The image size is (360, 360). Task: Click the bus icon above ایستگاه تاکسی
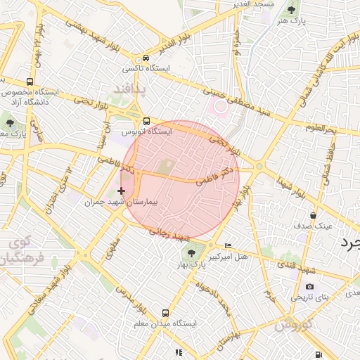click(146, 58)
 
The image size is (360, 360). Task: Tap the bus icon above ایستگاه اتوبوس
click(146, 120)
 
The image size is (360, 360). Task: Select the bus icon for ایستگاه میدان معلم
click(165, 313)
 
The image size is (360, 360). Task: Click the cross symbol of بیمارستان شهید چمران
click(122, 191)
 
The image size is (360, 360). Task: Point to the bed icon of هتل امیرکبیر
click(227, 245)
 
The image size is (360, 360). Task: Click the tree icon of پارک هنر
click(292, 10)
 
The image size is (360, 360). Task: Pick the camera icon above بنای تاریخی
click(310, 286)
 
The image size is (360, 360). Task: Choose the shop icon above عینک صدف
click(313, 215)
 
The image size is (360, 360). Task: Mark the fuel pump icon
click(320, 354)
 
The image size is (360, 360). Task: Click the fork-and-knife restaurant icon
click(179, 352)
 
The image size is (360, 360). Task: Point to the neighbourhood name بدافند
click(128, 89)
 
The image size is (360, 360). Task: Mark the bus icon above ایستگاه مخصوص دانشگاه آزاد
click(29, 82)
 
